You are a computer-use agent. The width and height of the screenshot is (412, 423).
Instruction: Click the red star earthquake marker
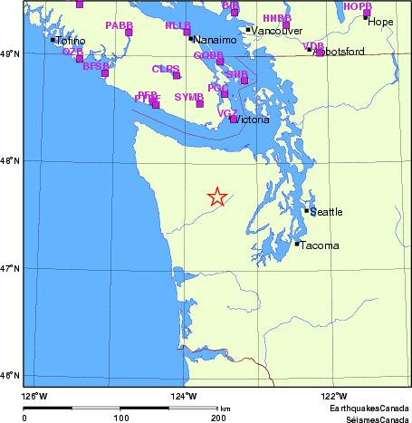[217, 197]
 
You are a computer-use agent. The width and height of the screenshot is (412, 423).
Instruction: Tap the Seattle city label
[326, 212]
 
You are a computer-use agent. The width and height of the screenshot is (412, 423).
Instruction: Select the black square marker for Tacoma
[296, 243]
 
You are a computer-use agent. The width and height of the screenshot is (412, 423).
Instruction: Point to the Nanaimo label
[216, 40]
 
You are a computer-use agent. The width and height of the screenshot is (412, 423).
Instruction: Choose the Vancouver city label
[271, 31]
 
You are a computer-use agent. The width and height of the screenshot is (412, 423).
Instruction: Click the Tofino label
[71, 41]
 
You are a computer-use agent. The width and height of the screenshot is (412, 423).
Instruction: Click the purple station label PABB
[118, 25]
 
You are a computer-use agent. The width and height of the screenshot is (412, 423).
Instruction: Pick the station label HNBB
[276, 18]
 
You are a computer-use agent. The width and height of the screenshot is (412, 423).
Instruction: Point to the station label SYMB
[188, 96]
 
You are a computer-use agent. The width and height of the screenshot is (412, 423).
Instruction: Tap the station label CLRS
[165, 69]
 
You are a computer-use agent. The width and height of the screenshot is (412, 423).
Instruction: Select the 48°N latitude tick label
[10, 161]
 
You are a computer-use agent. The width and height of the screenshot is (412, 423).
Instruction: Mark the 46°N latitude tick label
[10, 375]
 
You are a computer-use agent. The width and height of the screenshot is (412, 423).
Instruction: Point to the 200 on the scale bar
[218, 418]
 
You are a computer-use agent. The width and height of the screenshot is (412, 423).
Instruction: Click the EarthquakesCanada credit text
[369, 409]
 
